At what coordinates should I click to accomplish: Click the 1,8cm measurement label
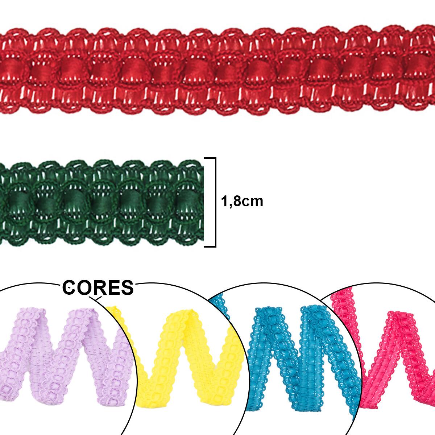[242, 201]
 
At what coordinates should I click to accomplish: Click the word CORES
[98, 288]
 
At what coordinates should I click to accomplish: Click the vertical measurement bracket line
[215, 202]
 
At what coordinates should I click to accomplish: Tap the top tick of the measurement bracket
[210, 158]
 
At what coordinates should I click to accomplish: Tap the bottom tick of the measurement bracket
[210, 246]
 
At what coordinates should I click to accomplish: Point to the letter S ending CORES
[127, 288]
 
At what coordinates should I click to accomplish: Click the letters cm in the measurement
[252, 201]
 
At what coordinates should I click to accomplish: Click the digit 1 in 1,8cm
[224, 201]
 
